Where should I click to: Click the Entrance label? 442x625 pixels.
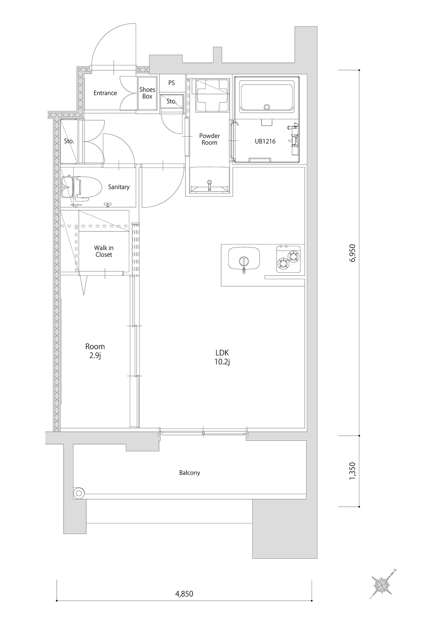pyautogui.click(x=105, y=93)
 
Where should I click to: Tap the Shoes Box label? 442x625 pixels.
pyautogui.click(x=147, y=93)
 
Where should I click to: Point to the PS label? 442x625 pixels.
pyautogui.click(x=171, y=83)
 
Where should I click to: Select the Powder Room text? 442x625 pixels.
pyautogui.click(x=209, y=139)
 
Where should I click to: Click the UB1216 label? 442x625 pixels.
pyautogui.click(x=265, y=141)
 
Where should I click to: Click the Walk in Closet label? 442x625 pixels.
pyautogui.click(x=104, y=251)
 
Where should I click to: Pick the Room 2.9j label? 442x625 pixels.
pyautogui.click(x=95, y=351)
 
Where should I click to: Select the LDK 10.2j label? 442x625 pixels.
pyautogui.click(x=222, y=357)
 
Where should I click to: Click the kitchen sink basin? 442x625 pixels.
pyautogui.click(x=244, y=259)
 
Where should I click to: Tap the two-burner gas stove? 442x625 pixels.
pyautogui.click(x=289, y=259)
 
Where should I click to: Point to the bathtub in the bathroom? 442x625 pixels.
pyautogui.click(x=267, y=97)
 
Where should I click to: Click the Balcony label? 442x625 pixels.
pyautogui.click(x=190, y=473)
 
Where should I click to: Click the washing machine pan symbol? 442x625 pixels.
pyautogui.click(x=213, y=95)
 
